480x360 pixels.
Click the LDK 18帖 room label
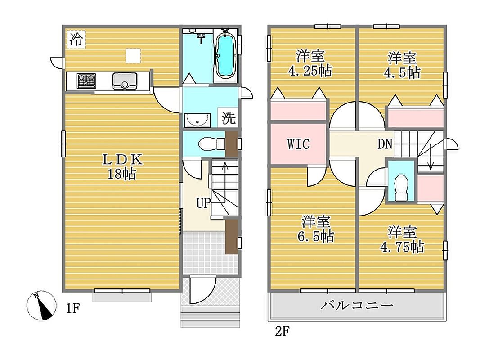pos(122,166)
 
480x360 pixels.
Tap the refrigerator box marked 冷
pos(76,39)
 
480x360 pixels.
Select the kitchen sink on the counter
pos(125,81)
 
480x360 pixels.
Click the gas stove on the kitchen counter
pos(86,81)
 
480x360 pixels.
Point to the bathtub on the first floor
pos(226,55)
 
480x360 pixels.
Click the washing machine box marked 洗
pos(229,117)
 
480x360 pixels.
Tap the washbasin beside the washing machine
pos(197,120)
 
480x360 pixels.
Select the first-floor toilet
pos(212,144)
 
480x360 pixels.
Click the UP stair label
pos(203,202)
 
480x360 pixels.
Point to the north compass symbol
pos(41,305)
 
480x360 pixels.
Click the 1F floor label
pos(73,308)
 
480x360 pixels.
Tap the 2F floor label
pos(282,331)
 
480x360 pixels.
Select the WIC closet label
pos(298,144)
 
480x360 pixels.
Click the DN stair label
pos(385,144)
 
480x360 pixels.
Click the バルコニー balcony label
pos(357,305)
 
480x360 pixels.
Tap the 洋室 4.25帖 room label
pos(310,63)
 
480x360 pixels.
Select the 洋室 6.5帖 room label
pos(316,229)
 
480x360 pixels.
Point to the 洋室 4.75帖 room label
pos(402,239)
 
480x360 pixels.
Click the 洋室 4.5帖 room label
pos(402,65)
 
